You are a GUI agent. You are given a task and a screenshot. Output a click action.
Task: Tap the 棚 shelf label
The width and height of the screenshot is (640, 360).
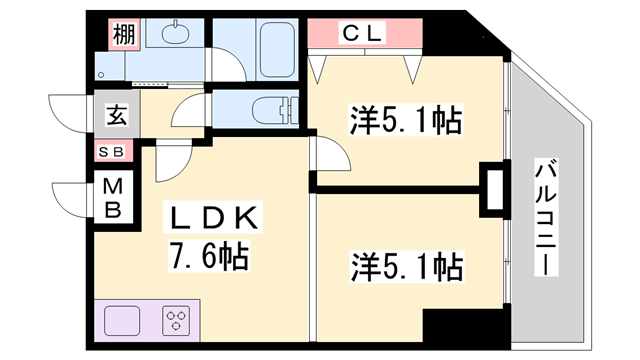123,34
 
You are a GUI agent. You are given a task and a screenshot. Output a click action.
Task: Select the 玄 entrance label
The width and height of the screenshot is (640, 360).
116,115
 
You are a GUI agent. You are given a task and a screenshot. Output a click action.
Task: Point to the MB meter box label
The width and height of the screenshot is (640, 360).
113,197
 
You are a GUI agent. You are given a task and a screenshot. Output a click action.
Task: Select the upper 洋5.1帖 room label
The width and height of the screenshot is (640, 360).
405,122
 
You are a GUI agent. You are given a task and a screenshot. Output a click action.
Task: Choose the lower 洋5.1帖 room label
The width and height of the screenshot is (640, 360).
405,267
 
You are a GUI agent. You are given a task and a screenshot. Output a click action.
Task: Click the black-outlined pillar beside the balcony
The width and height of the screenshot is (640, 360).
494,189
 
